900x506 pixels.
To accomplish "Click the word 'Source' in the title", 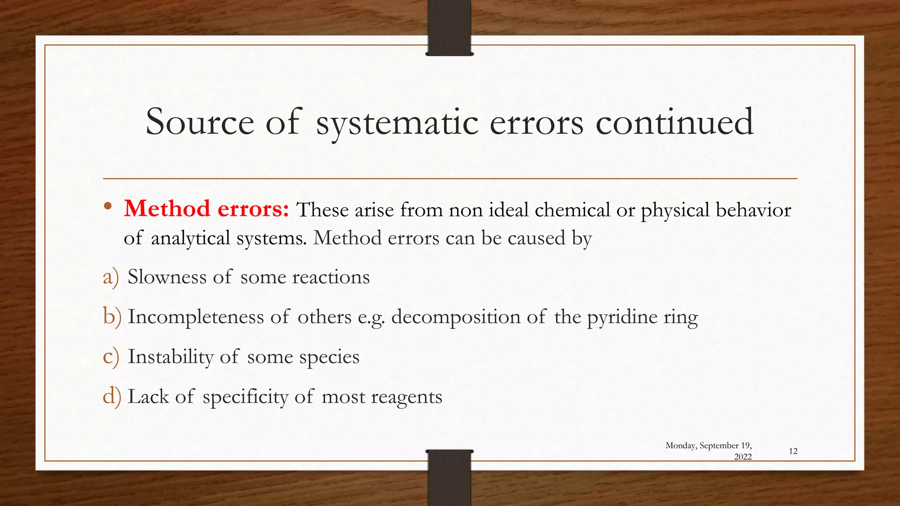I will coord(200,122).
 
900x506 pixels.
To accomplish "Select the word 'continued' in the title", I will coord(675,122).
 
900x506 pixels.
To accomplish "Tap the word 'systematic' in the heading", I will coord(397,123).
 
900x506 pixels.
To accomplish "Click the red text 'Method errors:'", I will coord(206,209).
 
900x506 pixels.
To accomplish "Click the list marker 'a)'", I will coord(111,277).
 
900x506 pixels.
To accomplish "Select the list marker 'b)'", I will coord(112,317).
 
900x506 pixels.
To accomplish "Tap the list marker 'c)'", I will coord(111,357).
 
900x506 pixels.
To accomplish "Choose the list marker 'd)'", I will coord(112,396).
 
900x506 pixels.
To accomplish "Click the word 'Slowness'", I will coord(167,277).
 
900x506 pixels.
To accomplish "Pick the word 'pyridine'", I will coord(622,317).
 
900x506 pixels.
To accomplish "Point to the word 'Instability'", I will coord(171,356).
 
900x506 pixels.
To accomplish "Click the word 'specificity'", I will coord(245,397).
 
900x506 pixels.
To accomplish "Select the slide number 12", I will coord(793,451).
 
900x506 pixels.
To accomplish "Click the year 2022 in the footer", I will coord(743,457).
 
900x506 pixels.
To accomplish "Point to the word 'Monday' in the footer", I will coord(680,445).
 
